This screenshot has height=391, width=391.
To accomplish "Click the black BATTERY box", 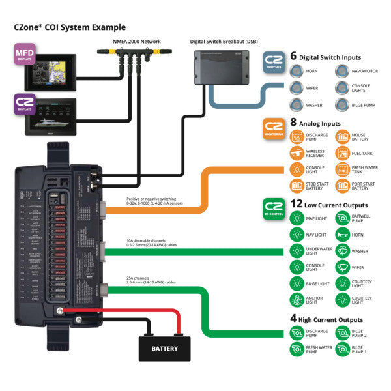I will [164, 348].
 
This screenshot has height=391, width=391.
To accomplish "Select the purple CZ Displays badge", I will [25, 104].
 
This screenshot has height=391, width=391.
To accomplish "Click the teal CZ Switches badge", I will [274, 63].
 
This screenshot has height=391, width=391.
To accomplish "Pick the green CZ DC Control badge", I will [274, 208].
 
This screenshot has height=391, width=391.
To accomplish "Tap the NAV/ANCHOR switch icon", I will [341, 72].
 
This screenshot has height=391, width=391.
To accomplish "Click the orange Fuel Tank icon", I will [342, 153].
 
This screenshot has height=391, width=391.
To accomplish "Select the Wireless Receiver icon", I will [297, 153].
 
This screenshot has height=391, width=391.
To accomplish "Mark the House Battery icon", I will [342, 137].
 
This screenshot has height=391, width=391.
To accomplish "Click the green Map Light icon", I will [297, 218].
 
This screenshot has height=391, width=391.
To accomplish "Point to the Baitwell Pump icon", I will [342, 218].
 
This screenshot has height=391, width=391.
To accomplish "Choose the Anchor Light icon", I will [297, 300].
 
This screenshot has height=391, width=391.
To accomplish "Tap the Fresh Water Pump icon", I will [297, 349].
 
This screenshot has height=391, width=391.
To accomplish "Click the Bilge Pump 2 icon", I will [342, 333].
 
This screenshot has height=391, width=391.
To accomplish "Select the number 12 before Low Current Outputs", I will [297, 203].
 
